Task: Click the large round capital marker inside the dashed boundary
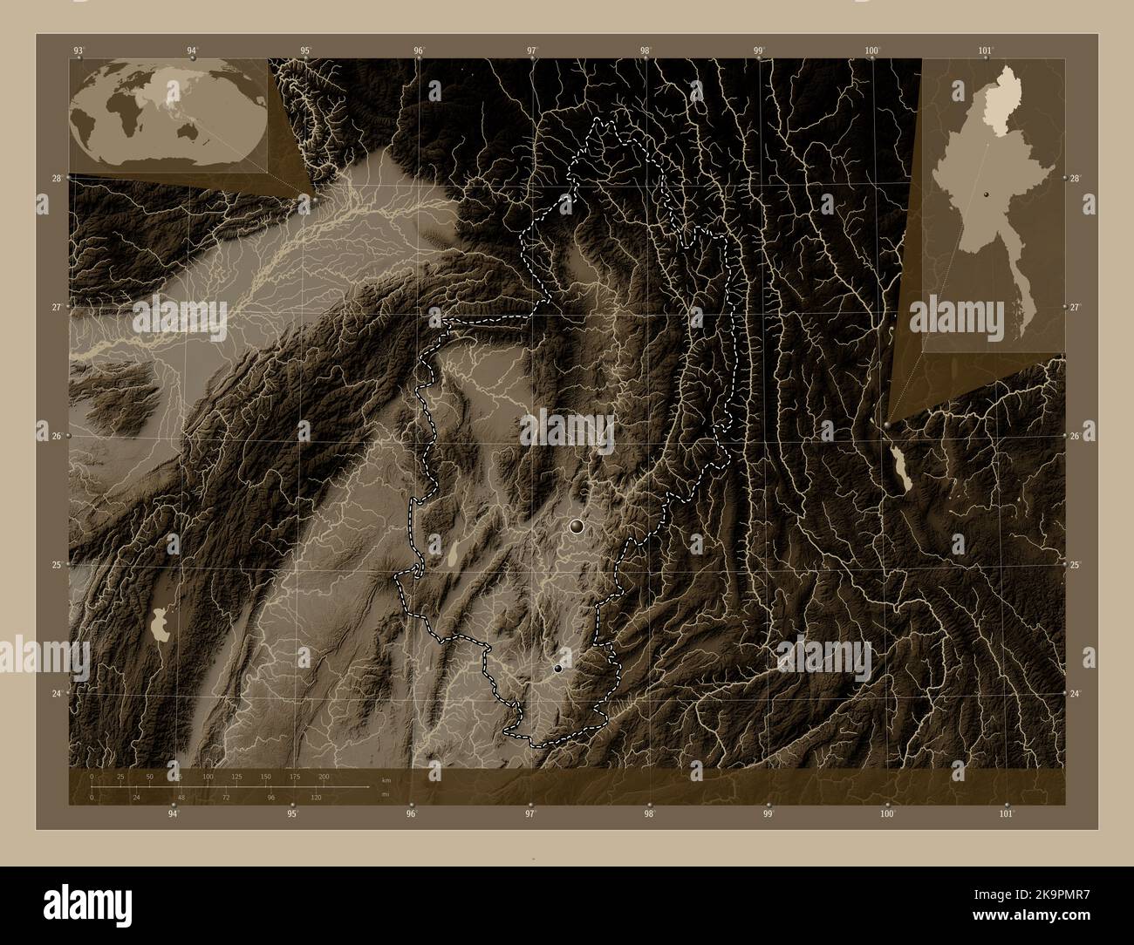click(576, 526)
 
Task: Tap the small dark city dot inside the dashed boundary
click(557, 669)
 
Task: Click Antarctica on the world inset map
click(166, 163)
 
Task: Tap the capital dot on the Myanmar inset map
click(986, 194)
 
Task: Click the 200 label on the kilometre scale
click(324, 777)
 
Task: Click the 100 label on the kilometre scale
click(208, 777)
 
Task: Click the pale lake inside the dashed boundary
click(455, 554)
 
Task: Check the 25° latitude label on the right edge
click(1076, 566)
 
